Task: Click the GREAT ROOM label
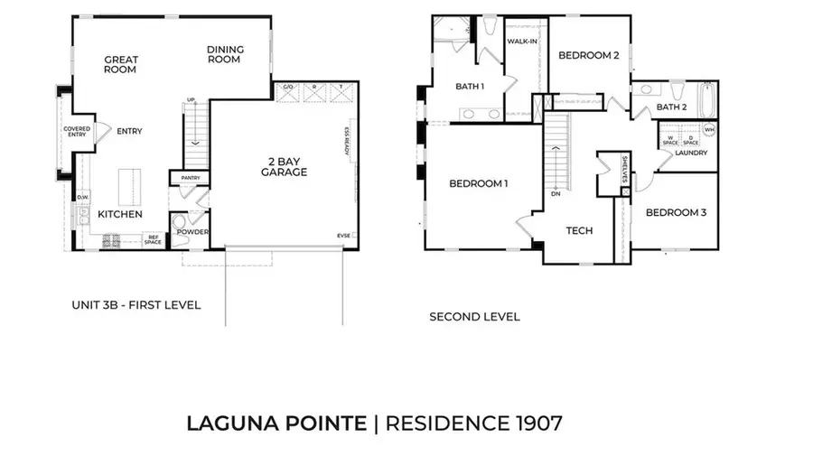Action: point(120,65)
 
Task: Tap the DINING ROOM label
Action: point(223,55)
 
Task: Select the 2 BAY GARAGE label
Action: point(285,166)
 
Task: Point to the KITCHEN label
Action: point(120,215)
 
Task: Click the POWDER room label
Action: point(192,232)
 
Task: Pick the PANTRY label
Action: point(190,178)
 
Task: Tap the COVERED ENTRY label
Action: point(77,133)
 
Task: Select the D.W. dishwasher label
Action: point(82,197)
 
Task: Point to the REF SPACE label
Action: point(154,239)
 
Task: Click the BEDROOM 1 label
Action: point(478,184)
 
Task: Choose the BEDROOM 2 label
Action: point(588,55)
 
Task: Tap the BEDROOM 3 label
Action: point(675,213)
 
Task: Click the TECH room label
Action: point(579,231)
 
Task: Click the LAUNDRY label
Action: point(691,153)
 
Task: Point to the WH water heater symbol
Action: point(709,130)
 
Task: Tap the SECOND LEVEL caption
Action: point(474,317)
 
